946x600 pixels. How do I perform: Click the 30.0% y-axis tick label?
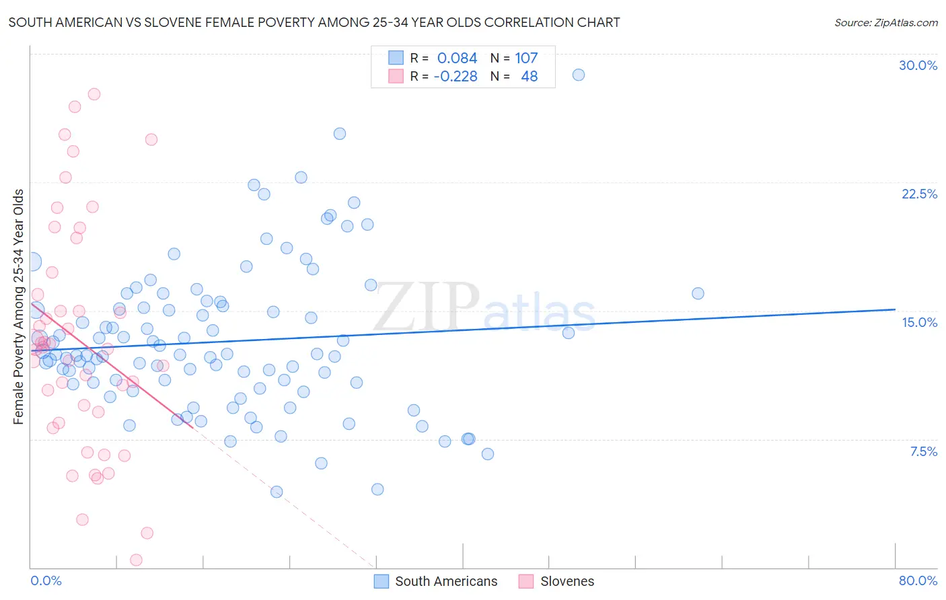point(918,65)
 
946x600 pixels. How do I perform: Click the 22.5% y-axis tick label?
point(919,194)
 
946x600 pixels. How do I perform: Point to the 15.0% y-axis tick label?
point(919,322)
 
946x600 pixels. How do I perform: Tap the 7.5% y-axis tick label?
point(923,451)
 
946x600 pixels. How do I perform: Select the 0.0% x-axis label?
point(46,580)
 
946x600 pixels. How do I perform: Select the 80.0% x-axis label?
point(918,580)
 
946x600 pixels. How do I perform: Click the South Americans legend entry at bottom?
point(445,581)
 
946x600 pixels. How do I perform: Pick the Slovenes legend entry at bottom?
point(567,581)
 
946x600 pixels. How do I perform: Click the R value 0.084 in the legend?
point(457,59)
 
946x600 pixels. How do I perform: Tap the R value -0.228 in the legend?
point(456,77)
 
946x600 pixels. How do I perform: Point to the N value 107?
point(526,59)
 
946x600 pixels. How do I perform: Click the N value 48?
point(530,77)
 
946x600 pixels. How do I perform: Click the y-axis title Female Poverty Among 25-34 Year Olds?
point(19,307)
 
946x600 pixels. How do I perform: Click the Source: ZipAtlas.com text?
point(885,23)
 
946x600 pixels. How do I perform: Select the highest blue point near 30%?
point(578,75)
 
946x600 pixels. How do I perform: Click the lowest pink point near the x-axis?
point(136,560)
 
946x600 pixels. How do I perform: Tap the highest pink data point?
point(94,94)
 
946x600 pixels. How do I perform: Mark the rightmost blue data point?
point(698,293)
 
